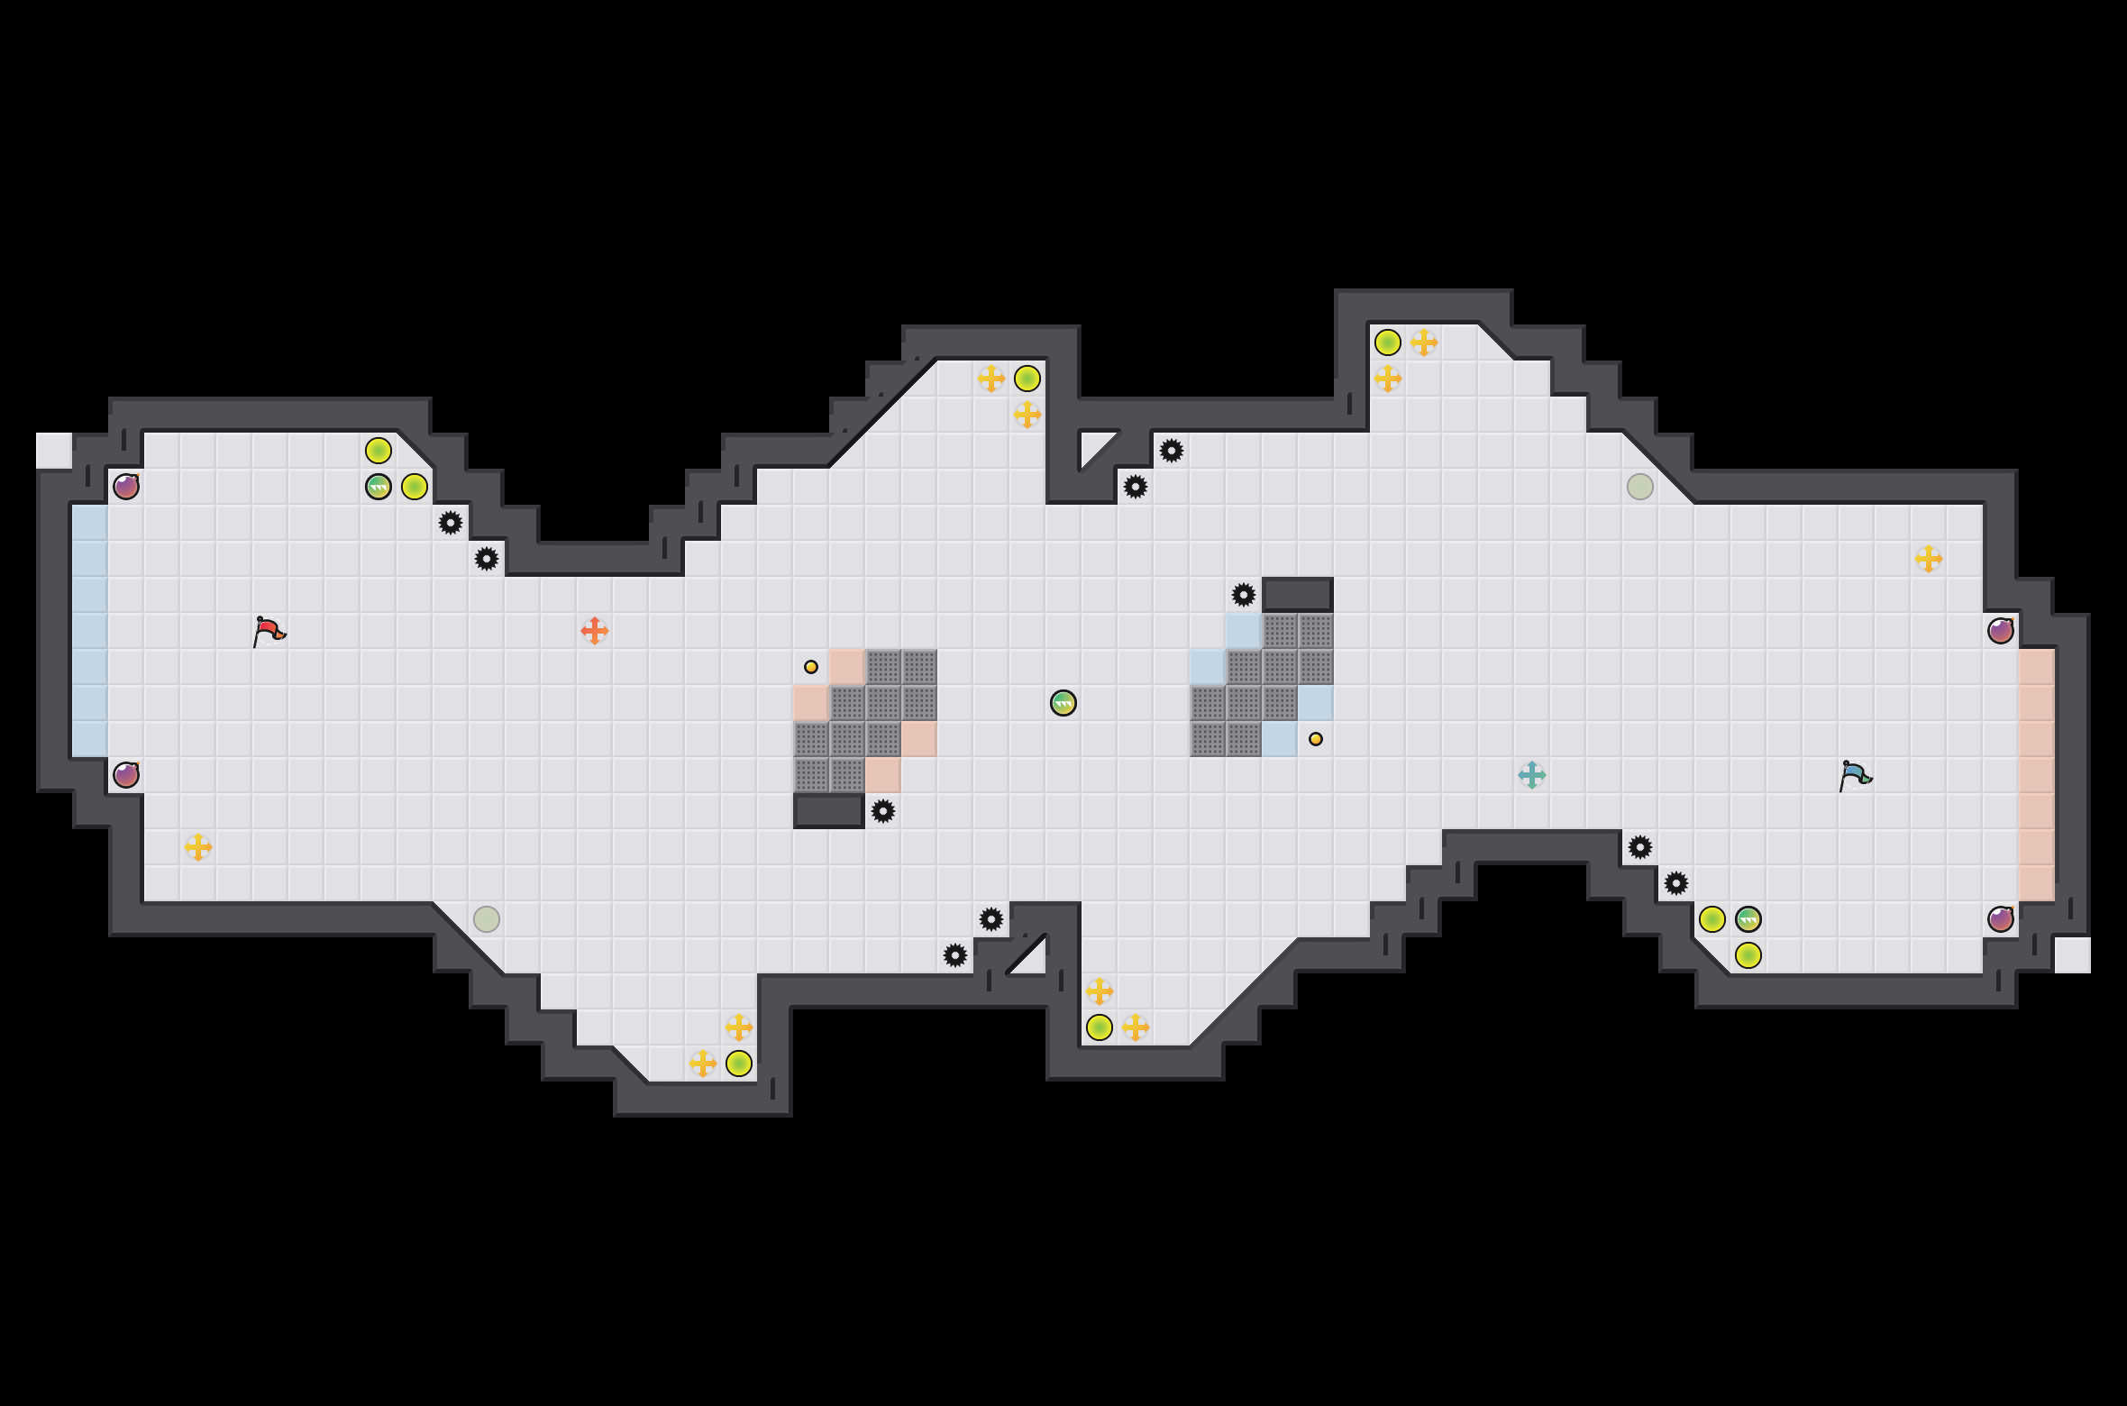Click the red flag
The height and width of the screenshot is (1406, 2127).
point(269,631)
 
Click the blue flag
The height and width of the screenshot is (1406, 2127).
point(1855,775)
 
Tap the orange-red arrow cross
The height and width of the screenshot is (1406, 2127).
point(595,631)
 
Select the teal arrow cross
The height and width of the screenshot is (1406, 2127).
point(1532,775)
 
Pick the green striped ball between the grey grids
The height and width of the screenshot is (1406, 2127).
point(1063,703)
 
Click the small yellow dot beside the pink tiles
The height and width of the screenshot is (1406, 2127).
point(811,667)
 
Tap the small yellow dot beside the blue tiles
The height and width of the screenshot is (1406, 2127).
point(1316,739)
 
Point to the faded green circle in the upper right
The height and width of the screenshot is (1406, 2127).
point(1640,487)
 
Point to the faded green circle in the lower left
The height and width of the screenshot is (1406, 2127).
point(487,919)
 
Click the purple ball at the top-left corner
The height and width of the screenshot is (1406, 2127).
point(126,487)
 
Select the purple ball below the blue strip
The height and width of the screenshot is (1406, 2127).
point(126,775)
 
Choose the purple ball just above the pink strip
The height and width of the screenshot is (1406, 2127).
point(2001,631)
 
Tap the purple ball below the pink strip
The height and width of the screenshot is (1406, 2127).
point(2001,919)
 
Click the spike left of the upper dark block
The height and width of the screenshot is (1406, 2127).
point(1244,595)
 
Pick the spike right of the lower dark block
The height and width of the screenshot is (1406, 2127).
point(883,811)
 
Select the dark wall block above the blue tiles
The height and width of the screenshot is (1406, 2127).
point(1298,595)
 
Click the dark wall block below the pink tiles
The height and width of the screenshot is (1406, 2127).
point(829,811)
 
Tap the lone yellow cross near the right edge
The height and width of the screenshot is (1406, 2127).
point(1929,559)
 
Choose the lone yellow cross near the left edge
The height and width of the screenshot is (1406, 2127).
point(198,847)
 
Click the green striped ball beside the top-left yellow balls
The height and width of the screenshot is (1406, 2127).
point(379,487)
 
